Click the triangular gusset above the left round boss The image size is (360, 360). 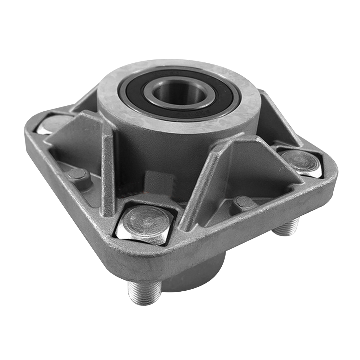click(78, 141)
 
